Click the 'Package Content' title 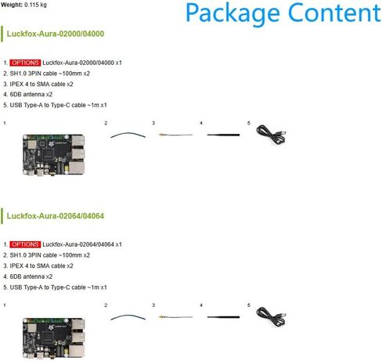pyautogui.click(x=283, y=13)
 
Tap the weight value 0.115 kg pyautogui.click(x=35, y=5)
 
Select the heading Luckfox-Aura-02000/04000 pyautogui.click(x=56, y=34)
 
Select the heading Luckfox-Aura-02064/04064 pyautogui.click(x=56, y=216)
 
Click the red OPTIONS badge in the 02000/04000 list pyautogui.click(x=25, y=63)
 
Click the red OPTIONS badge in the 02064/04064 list pyautogui.click(x=25, y=244)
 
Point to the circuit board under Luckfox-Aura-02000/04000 pyautogui.click(x=53, y=154)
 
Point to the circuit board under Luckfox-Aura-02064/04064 pyautogui.click(x=53, y=338)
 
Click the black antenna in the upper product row pyautogui.click(x=223, y=135)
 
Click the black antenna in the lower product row pyautogui.click(x=223, y=317)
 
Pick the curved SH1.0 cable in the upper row pyautogui.click(x=128, y=133)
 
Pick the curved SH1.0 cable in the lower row pyautogui.click(x=128, y=316)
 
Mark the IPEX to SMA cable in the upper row pyautogui.click(x=175, y=135)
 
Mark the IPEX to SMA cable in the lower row pyautogui.click(x=175, y=317)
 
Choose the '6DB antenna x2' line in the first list pyautogui.click(x=28, y=95)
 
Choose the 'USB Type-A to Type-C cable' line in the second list pyautogui.click(x=55, y=287)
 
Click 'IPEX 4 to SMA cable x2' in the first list pyautogui.click(x=38, y=84)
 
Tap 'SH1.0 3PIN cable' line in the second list pyautogui.click(x=47, y=255)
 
